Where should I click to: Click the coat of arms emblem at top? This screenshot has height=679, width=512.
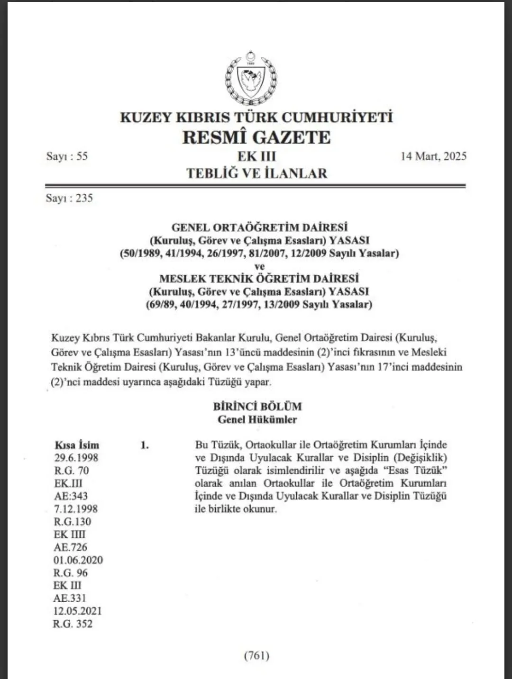click(x=251, y=78)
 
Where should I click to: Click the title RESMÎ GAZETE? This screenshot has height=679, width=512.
click(x=256, y=137)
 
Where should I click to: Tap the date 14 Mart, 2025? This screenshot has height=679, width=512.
click(x=433, y=156)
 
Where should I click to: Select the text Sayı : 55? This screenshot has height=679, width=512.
click(x=67, y=156)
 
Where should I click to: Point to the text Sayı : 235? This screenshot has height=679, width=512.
click(x=69, y=198)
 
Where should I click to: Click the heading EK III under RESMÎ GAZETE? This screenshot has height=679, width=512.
click(x=256, y=156)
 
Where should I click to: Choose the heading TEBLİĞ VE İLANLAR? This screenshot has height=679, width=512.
click(x=256, y=173)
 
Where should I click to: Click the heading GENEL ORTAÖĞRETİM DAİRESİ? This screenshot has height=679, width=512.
click(x=259, y=227)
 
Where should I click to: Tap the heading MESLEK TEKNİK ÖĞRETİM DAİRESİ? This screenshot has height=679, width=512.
click(x=259, y=279)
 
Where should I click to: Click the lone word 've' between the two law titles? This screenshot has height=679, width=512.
click(x=259, y=266)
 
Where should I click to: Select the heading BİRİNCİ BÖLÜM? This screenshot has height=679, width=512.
click(x=257, y=407)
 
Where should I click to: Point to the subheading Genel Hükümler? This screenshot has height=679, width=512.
click(x=257, y=419)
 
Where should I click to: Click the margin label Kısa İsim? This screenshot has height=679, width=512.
click(x=77, y=445)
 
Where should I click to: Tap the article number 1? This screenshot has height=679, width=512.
click(x=145, y=445)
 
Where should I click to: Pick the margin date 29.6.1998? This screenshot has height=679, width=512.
click(x=76, y=458)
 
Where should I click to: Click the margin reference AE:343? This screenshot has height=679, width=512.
click(x=71, y=496)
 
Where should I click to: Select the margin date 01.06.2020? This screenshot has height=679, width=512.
click(x=78, y=560)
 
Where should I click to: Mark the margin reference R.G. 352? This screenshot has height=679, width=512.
click(x=73, y=624)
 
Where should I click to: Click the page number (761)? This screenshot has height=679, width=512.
click(x=256, y=656)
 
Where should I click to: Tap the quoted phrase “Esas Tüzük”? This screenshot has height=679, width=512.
click(x=419, y=471)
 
